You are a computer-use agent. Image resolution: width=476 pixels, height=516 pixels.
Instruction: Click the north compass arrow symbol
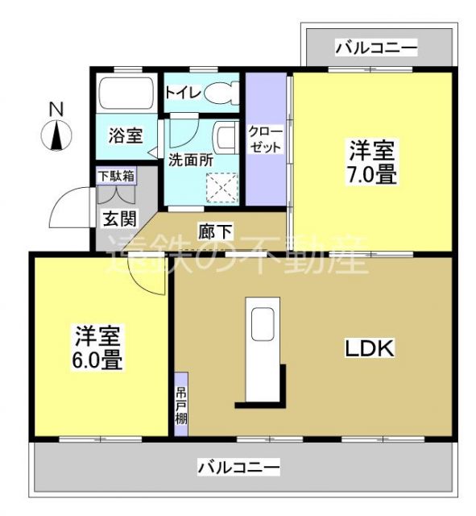(x=57, y=135)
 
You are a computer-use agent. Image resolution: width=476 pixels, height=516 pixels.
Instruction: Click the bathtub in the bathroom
(x=122, y=97)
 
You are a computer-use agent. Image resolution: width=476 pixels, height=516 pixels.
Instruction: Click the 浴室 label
(x=124, y=136)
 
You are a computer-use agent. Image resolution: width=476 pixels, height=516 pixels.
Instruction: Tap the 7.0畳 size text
(x=371, y=174)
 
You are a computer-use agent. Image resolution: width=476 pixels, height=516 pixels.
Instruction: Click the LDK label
(x=369, y=348)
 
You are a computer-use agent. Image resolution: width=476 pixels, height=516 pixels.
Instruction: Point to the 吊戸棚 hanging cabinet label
(x=181, y=406)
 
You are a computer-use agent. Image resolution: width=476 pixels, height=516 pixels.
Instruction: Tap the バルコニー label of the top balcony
(x=376, y=48)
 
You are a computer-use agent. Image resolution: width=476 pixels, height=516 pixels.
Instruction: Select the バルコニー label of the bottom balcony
(x=238, y=467)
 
